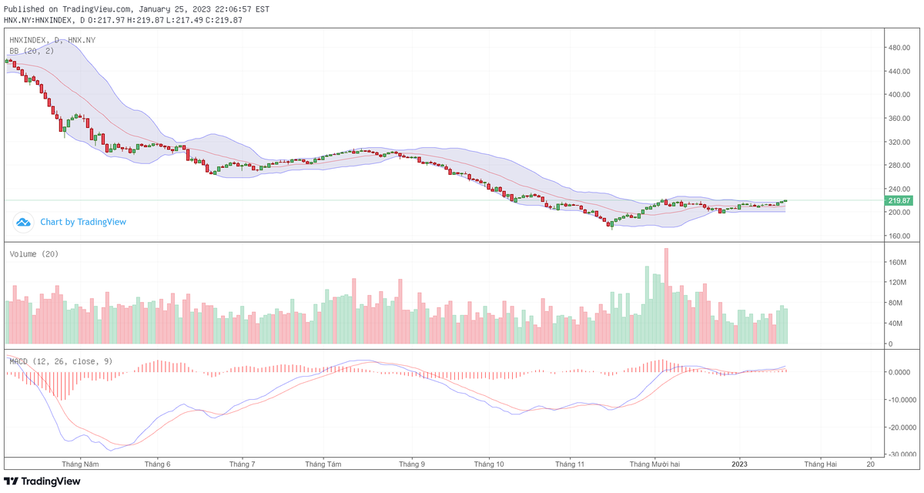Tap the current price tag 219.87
tap(899, 200)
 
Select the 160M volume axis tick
tap(898, 263)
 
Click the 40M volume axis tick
tap(896, 324)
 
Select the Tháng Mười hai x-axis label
tap(654, 464)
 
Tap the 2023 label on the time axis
tap(739, 464)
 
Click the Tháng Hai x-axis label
tap(821, 464)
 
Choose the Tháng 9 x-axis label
tap(412, 464)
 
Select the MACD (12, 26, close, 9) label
tap(60, 360)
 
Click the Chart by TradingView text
tap(83, 222)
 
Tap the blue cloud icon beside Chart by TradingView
tap(23, 222)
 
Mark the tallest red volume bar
tap(666, 296)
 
